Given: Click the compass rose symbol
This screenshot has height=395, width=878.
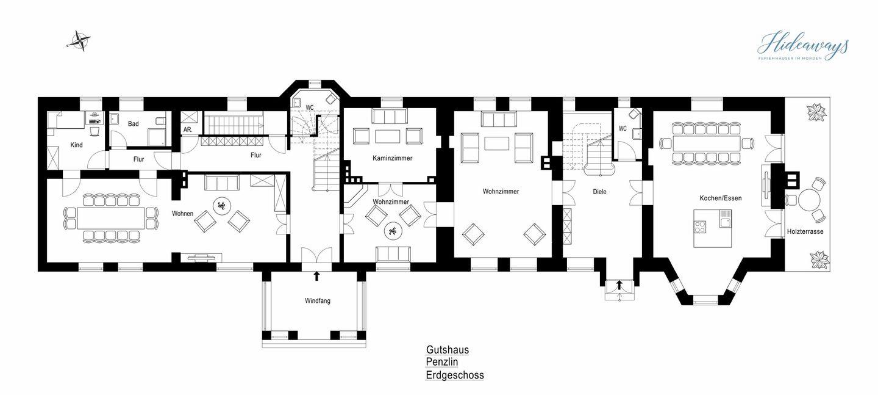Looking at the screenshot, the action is coord(80,42).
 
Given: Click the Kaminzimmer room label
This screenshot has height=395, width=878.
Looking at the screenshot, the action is coord(393,158).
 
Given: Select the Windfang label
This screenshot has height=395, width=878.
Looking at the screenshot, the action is coord(318,301).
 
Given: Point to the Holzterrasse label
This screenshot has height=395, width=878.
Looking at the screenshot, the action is coord(805,231).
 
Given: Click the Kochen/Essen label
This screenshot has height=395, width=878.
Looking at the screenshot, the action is coord(721,198).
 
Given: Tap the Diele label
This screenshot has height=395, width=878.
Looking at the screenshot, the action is coord(600,192).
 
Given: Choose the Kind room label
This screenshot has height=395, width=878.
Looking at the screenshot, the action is coord(76,145).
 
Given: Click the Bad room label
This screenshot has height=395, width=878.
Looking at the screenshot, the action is coord(134,124).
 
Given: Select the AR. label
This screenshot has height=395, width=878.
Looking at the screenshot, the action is coord(188,129).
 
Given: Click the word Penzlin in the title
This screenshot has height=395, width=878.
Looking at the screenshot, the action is coord(441,362).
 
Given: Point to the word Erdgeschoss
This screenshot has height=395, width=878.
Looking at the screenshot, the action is coord(455,375).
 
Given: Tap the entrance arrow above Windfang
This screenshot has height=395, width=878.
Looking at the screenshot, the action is coord(316,275).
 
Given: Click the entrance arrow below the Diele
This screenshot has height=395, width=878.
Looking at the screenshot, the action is coord(619,285).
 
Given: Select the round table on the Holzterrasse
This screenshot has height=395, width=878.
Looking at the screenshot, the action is coord(810,200).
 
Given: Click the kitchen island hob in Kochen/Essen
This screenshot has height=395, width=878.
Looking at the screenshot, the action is coord(701,226).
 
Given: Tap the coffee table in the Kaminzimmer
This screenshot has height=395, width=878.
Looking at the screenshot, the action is coord(387,136).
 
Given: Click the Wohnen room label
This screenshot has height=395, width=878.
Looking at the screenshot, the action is coord(183,214).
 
